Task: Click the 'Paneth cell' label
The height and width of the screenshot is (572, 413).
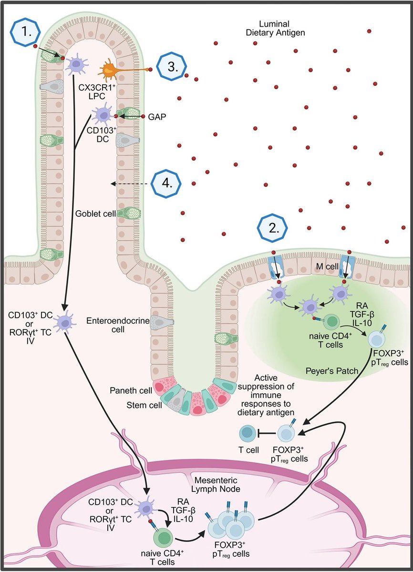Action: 130,390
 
